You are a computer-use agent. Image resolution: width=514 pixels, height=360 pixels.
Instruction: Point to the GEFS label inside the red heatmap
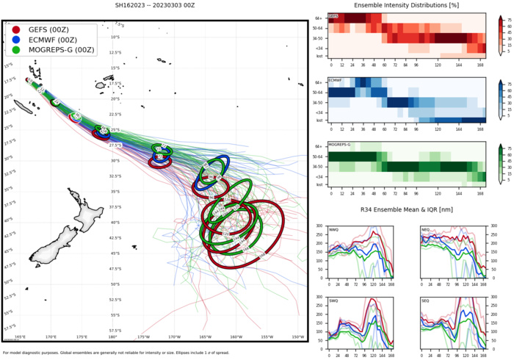333,15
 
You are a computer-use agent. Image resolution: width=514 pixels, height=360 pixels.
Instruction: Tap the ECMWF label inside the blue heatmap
335,79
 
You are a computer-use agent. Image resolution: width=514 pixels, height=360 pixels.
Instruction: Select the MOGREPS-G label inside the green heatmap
339,145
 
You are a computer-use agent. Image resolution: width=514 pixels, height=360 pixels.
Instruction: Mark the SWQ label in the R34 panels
334,300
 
